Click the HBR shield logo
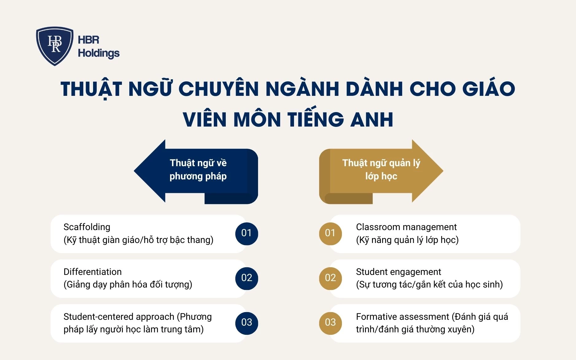click(x=55, y=45)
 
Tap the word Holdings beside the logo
click(x=99, y=53)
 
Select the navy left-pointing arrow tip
click(x=144, y=171)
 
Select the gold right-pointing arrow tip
click(x=433, y=171)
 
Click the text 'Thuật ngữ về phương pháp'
click(x=198, y=170)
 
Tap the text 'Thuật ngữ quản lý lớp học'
click(x=381, y=170)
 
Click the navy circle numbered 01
click(x=247, y=233)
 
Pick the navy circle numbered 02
click(x=247, y=278)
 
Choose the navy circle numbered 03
click(x=247, y=323)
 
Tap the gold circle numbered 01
click(x=330, y=233)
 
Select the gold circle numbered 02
click(x=330, y=278)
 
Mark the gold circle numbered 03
click(x=330, y=323)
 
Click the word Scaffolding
click(x=87, y=227)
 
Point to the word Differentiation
click(x=92, y=272)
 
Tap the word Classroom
click(x=375, y=227)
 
